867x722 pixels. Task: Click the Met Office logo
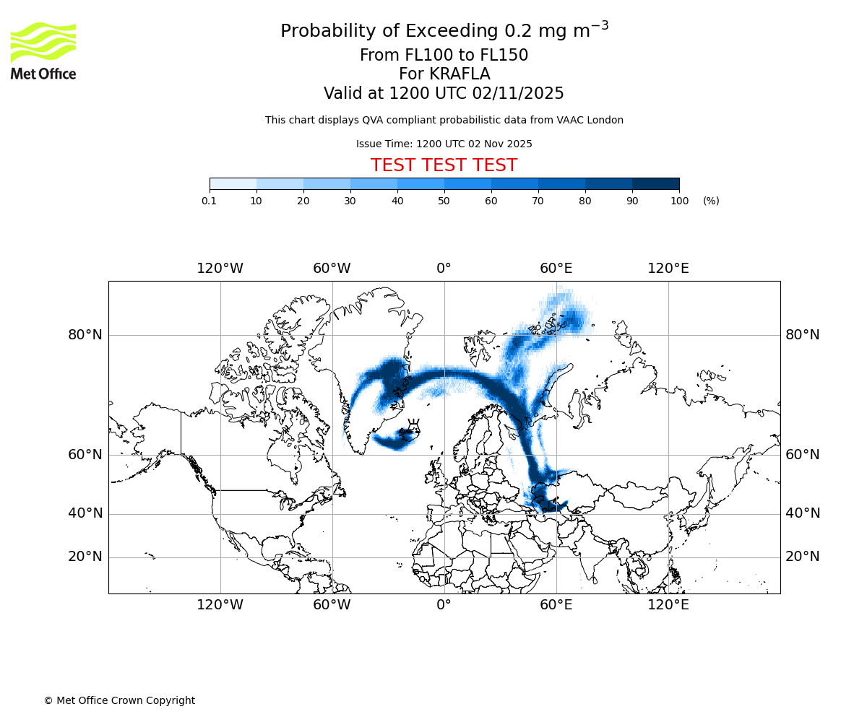tap(43, 51)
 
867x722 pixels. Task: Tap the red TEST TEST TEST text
tap(444, 165)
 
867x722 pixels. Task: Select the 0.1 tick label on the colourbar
tap(209, 201)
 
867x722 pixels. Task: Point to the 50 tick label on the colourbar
tap(444, 201)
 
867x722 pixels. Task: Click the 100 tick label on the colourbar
tap(679, 201)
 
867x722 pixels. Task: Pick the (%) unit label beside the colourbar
tap(711, 201)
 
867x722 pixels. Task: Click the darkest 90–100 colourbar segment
tap(655, 183)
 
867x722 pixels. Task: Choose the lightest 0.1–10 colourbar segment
tap(233, 183)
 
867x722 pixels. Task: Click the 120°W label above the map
tap(220, 269)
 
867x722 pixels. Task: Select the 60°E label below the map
tap(556, 604)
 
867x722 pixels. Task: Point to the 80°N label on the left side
tap(85, 335)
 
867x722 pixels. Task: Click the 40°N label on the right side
tap(803, 513)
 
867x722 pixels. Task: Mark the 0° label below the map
tap(444, 604)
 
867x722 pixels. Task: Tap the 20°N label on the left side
tap(85, 557)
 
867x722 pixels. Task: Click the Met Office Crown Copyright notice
tap(119, 700)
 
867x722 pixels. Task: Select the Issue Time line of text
tap(444, 144)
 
